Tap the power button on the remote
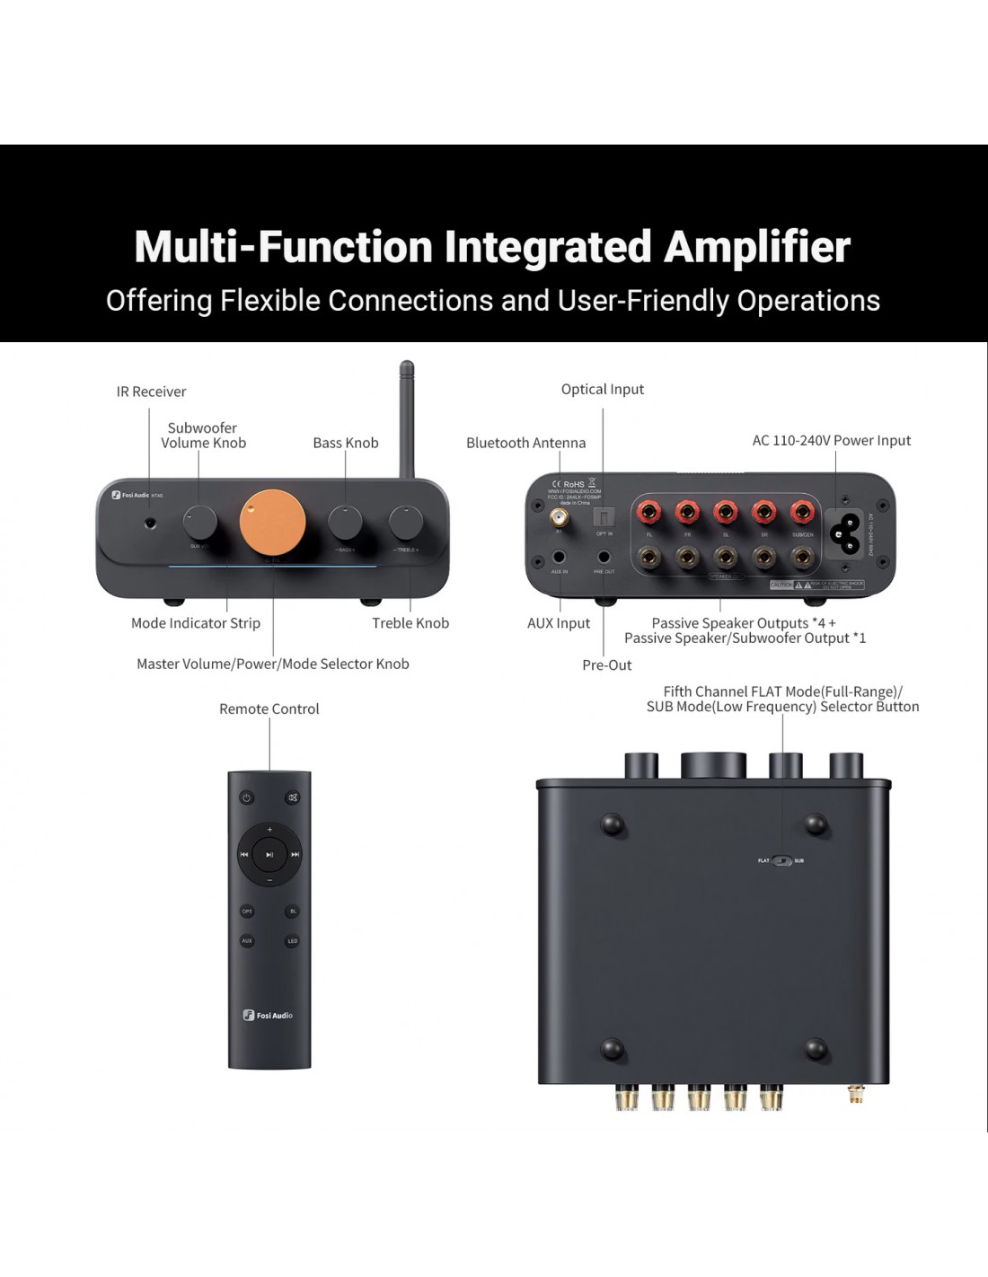[x=246, y=797]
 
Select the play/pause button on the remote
[x=269, y=855]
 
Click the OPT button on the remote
[x=247, y=912]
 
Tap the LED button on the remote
[x=292, y=941]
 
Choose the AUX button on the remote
[x=247, y=941]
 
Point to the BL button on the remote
[x=292, y=912]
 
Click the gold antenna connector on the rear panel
[x=560, y=518]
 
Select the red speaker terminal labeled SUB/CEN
[x=801, y=513]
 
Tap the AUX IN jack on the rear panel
[x=560, y=559]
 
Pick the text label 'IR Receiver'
[x=151, y=392]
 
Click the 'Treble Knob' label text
[x=410, y=623]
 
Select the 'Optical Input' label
[x=603, y=389]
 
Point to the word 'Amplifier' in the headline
[x=757, y=246]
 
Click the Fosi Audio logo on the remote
[x=269, y=1016]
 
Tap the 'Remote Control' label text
[x=269, y=709]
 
